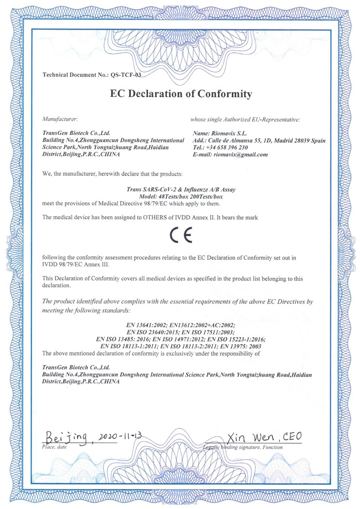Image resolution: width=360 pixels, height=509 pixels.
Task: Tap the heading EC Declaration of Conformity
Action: [x=180, y=94]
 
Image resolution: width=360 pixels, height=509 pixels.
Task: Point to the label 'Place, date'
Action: [x=54, y=447]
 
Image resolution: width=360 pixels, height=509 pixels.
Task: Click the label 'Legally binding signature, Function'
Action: [x=243, y=447]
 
